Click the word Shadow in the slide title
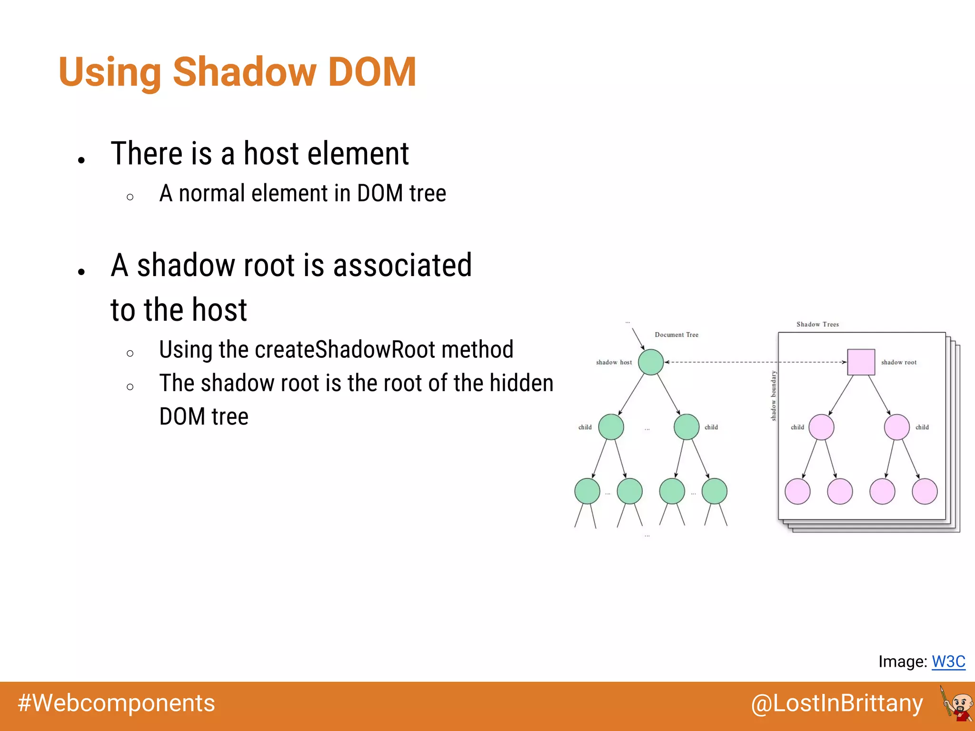(x=244, y=72)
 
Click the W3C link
(x=948, y=662)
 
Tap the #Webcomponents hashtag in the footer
(x=116, y=703)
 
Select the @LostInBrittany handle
(x=836, y=703)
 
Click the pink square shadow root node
(x=861, y=362)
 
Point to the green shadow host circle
(x=650, y=362)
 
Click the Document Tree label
(x=676, y=335)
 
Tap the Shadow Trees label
(x=817, y=324)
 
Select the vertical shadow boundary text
(x=774, y=396)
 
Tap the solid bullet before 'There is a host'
(x=81, y=160)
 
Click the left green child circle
(x=611, y=427)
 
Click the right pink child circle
(x=896, y=427)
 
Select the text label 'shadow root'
(x=898, y=362)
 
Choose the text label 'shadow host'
(x=614, y=362)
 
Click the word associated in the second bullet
(x=402, y=265)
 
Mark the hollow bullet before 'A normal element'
(x=130, y=197)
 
